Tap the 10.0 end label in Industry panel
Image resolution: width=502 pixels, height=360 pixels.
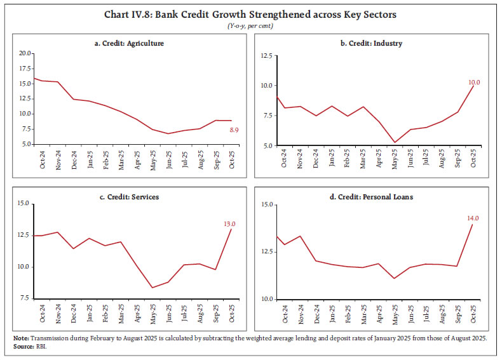pyautogui.click(x=473, y=83)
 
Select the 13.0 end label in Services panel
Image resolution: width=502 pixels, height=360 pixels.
pyautogui.click(x=229, y=223)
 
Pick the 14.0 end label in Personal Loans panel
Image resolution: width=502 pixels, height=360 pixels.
pyautogui.click(x=473, y=219)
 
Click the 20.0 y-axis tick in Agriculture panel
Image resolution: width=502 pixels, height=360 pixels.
pyautogui.click(x=24, y=53)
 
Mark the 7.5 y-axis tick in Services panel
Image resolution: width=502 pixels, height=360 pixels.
pyautogui.click(x=24, y=298)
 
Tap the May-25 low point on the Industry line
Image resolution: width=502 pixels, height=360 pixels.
pyautogui.click(x=377, y=142)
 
